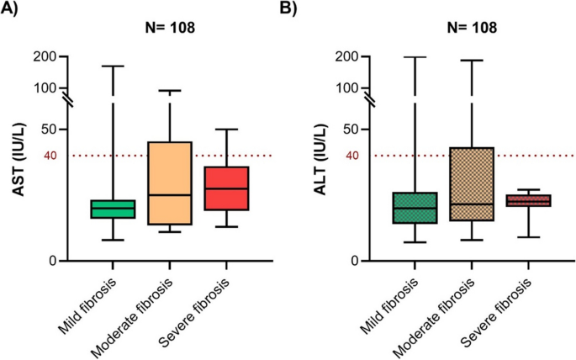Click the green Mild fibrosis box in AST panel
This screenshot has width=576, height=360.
(114, 209)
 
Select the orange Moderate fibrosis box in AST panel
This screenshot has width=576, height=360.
(169, 183)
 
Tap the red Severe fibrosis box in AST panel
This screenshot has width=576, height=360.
(225, 188)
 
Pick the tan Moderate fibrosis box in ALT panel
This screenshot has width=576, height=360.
(472, 184)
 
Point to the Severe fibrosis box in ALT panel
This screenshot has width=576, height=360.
(528, 200)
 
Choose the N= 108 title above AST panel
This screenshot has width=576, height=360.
(167, 28)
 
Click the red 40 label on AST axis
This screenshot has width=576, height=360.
(49, 156)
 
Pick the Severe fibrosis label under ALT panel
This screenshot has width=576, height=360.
(498, 307)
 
